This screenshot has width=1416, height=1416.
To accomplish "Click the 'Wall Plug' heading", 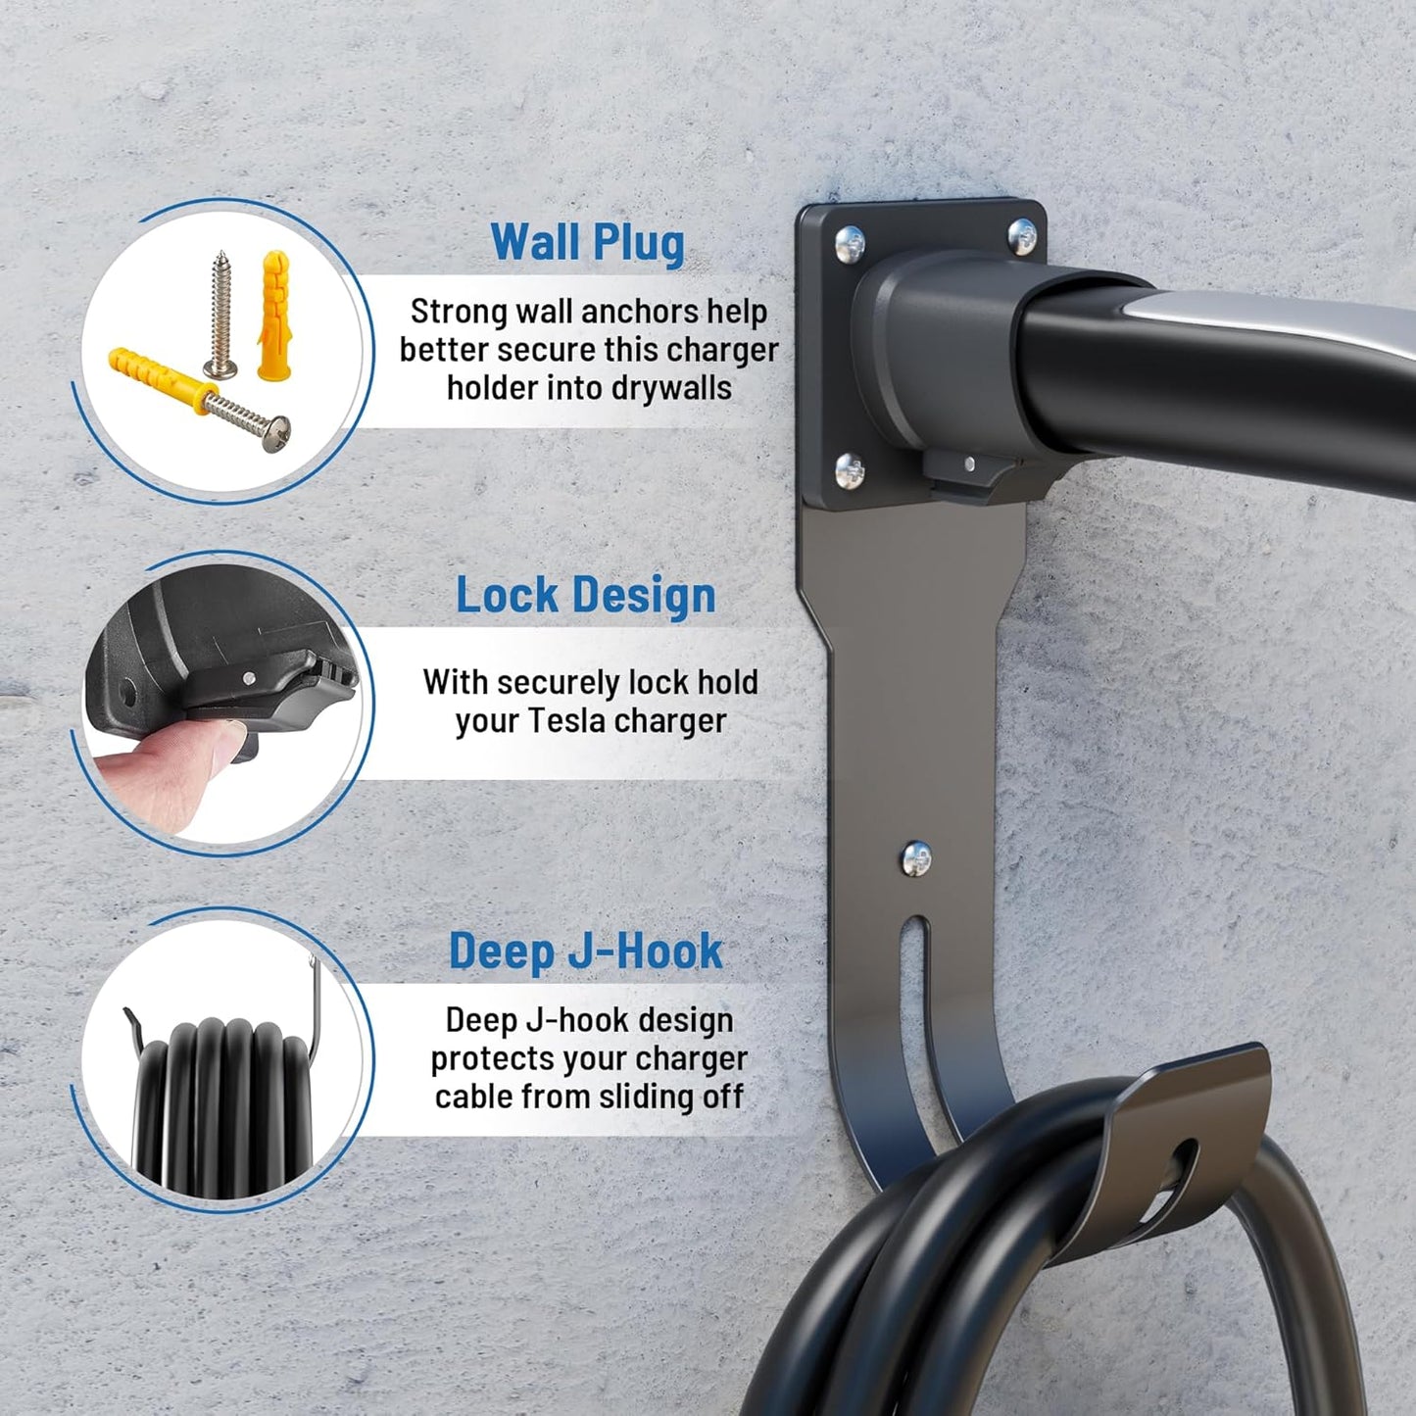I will pos(587,241).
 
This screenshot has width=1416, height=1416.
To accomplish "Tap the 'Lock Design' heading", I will pos(586,595).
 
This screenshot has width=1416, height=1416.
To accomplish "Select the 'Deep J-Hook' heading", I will pos(586,951).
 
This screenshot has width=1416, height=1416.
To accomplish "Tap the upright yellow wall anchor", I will pos(273,316).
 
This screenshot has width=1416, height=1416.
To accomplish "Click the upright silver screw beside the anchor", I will pos(220,314).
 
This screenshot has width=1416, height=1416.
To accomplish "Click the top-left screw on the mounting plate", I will pos(851,240).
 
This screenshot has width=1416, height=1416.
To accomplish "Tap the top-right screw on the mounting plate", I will pos(1022,235).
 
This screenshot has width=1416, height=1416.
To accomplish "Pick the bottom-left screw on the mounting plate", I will pos(850,471).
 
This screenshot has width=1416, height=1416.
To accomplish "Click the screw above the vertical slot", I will pos(914,857).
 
